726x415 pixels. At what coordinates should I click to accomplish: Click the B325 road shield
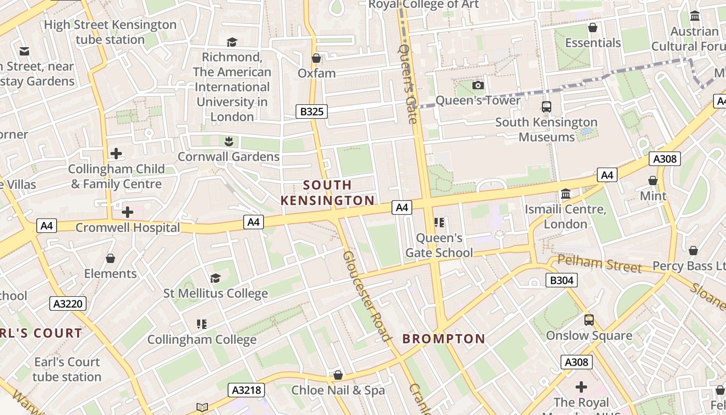[x=312, y=111]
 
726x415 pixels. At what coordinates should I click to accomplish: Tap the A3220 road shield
[x=68, y=303]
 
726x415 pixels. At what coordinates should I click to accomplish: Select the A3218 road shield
[x=246, y=390]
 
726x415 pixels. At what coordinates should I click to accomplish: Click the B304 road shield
[x=562, y=281]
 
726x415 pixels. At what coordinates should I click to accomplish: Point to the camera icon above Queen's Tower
[x=478, y=86]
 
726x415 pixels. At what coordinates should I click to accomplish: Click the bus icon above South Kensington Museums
[x=547, y=107]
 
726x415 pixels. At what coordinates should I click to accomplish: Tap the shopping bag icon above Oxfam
[x=316, y=58]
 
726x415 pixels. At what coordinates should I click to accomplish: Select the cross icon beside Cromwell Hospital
[x=128, y=212]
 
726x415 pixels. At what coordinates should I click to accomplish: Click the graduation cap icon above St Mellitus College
[x=215, y=279]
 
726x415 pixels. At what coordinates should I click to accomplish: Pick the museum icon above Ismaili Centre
[x=566, y=194]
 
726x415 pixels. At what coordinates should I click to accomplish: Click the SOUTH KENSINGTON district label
[x=327, y=192]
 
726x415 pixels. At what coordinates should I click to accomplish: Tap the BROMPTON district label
[x=444, y=339]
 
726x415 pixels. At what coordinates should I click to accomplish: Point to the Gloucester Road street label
[x=366, y=296]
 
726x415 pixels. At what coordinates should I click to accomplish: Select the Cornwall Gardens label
[x=229, y=157]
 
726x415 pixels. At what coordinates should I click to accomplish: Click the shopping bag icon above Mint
[x=653, y=181]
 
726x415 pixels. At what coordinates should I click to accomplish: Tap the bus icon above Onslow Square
[x=589, y=320]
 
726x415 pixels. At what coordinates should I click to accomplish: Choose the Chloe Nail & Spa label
[x=338, y=390]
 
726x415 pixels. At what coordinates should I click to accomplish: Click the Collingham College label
[x=202, y=340]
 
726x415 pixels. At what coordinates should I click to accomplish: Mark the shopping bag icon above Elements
[x=110, y=258]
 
